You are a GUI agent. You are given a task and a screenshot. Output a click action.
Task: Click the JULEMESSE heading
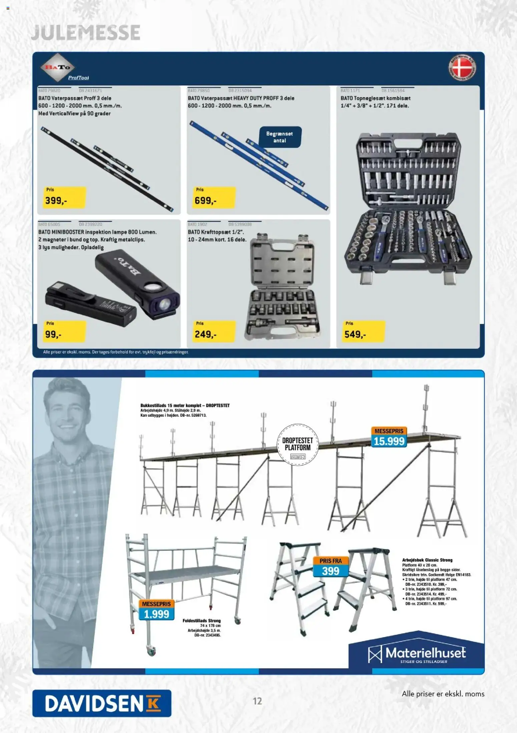click(85, 33)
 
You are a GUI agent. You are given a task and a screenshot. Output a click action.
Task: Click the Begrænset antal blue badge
click(280, 137)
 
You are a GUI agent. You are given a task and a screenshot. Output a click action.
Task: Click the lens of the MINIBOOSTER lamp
click(164, 304)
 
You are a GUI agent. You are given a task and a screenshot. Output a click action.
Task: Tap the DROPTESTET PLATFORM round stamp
click(298, 444)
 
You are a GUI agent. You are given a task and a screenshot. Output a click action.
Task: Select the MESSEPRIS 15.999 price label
click(389, 437)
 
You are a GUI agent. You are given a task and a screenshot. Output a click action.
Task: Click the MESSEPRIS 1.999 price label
click(156, 610)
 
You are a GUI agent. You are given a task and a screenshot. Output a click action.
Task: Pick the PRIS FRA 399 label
click(330, 567)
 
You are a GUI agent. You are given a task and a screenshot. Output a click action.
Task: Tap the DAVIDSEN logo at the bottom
click(102, 703)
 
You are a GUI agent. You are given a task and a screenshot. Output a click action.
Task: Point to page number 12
click(257, 701)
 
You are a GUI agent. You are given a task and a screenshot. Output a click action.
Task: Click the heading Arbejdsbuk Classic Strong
click(427, 560)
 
